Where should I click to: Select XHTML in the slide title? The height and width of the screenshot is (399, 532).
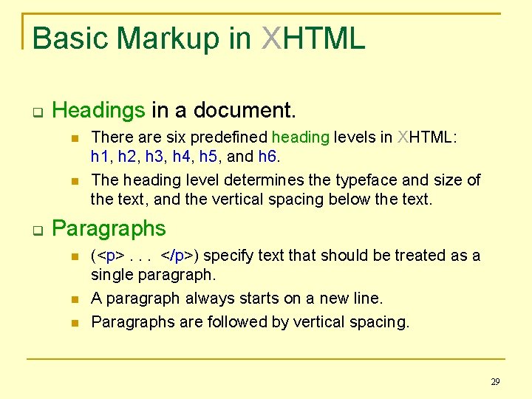click(313, 38)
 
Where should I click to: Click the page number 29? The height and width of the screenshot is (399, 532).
click(495, 382)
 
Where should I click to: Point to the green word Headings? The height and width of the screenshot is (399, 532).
click(99, 111)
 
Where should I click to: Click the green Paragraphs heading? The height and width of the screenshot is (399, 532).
click(109, 229)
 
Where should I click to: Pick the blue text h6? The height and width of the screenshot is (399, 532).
click(267, 157)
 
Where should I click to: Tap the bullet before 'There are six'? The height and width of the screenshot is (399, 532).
click(72, 137)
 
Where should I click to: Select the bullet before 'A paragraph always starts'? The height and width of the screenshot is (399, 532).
click(72, 299)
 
